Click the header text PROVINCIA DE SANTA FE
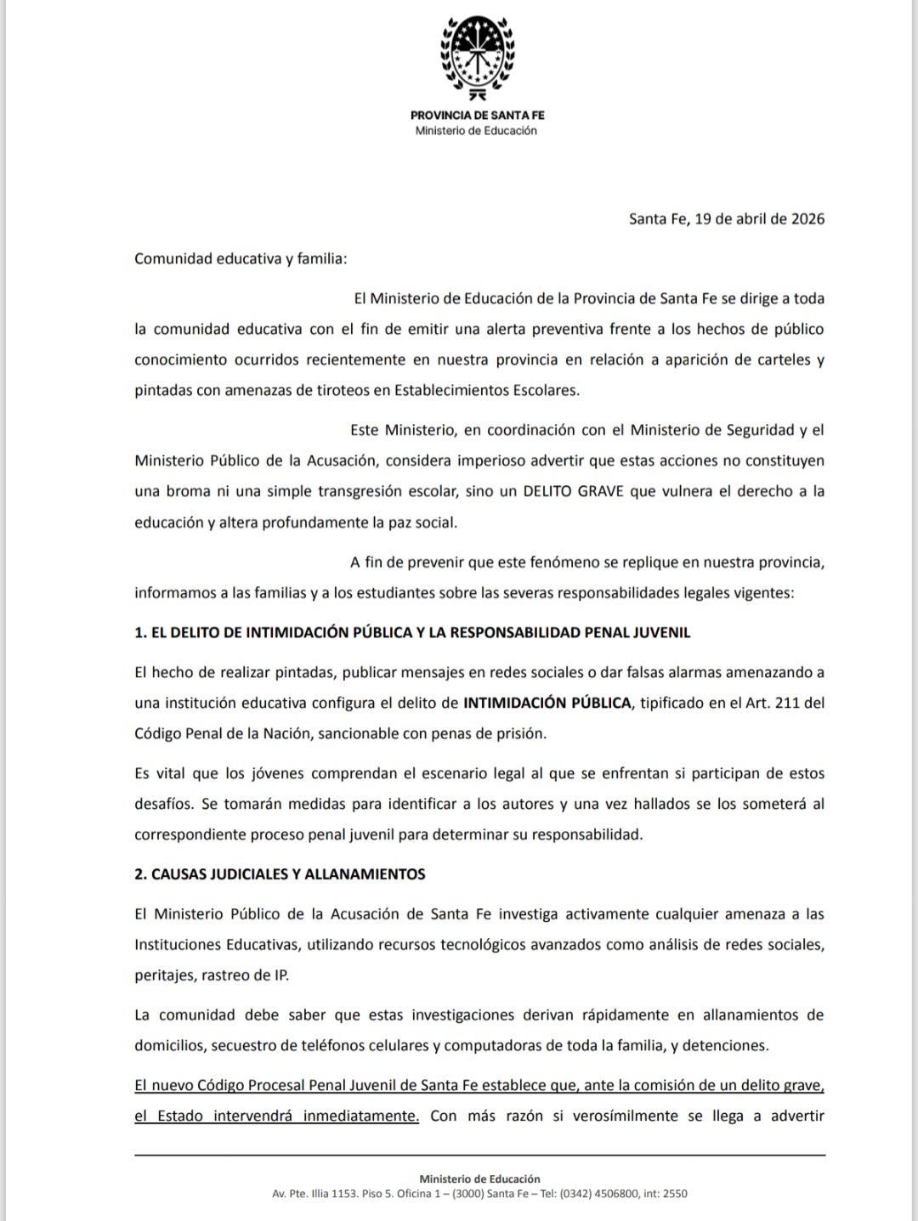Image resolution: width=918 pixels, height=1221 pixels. tap(477, 115)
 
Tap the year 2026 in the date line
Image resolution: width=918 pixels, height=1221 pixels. tap(807, 218)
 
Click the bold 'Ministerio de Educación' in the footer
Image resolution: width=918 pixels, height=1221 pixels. tap(479, 1179)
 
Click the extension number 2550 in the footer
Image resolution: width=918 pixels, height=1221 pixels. tap(675, 1194)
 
